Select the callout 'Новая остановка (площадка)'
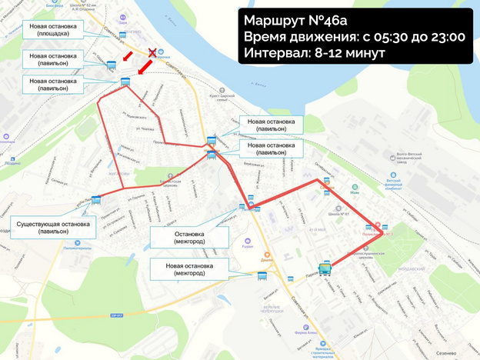click(x=53, y=31)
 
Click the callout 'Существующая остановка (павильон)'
click(x=53, y=228)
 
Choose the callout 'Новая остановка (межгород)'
click(x=189, y=269)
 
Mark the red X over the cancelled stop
click(x=152, y=52)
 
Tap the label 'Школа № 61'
click(x=333, y=211)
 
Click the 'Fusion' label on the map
click(x=247, y=248)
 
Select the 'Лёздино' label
click(x=12, y=162)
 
